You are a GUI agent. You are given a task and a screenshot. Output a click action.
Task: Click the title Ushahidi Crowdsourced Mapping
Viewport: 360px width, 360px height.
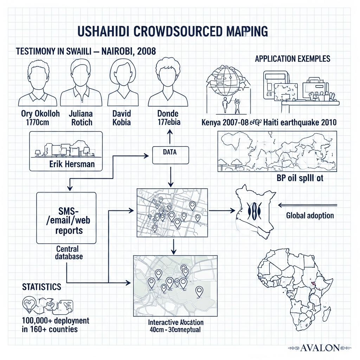[x=172, y=31]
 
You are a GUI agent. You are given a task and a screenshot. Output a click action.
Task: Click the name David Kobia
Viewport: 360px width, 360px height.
[x=121, y=118]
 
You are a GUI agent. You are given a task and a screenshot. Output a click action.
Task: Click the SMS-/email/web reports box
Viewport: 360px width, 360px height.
[x=66, y=218]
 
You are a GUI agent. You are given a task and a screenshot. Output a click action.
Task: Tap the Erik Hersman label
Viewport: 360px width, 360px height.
[x=72, y=164]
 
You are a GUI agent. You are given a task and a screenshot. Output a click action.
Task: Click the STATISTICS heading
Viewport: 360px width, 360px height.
[x=41, y=287]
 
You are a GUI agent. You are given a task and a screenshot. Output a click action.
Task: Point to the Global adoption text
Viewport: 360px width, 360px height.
[x=310, y=216]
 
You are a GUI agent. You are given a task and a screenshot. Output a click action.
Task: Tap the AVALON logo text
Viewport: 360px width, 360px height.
[x=320, y=348]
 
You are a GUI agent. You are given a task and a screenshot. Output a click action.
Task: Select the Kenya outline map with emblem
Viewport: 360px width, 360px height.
[x=253, y=211]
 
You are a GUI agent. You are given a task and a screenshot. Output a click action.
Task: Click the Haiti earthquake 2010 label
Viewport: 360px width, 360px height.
[x=300, y=123]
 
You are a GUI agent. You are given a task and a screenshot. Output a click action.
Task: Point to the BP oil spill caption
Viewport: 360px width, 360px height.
[x=300, y=178]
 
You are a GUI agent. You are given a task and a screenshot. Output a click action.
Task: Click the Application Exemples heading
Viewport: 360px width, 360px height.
[x=292, y=58]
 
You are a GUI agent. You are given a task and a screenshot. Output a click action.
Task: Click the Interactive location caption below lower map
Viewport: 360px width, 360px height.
[x=175, y=322]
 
